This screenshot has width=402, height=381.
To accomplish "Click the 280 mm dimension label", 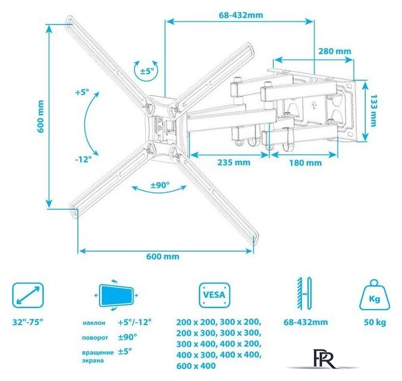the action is [x=335, y=51].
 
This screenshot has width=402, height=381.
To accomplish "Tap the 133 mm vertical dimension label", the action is [x=373, y=111].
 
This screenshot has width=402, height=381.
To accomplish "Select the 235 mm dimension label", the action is [x=234, y=163].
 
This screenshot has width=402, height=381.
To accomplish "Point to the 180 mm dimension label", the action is [x=306, y=163].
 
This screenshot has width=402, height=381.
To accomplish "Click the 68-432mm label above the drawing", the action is [x=241, y=15].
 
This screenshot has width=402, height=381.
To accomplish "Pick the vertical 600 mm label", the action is [x=40, y=117].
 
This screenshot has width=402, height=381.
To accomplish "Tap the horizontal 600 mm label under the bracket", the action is [x=163, y=257].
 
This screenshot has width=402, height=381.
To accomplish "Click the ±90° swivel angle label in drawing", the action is [x=160, y=185].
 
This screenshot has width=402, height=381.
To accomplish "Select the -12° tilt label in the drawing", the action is [x=83, y=160].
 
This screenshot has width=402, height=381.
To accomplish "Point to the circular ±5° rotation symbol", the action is [x=146, y=71].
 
